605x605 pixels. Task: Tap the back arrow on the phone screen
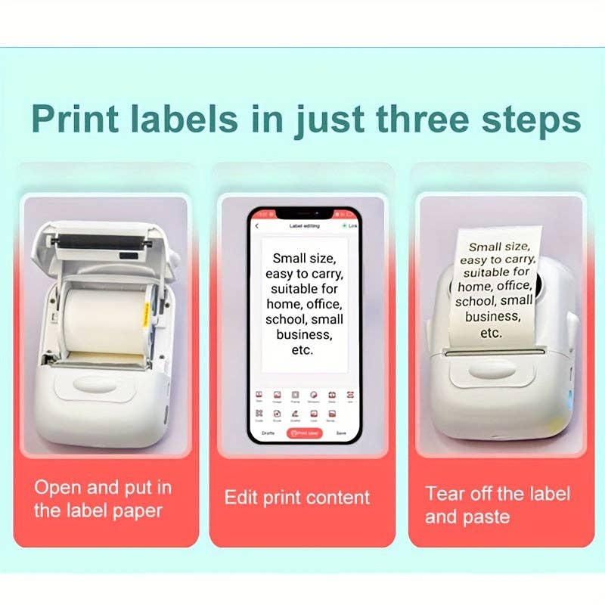(257, 226)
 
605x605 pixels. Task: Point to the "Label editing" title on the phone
(305, 226)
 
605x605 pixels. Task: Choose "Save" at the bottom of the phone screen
(341, 433)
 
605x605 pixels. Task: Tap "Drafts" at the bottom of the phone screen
(268, 433)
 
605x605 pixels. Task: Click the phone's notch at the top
(306, 213)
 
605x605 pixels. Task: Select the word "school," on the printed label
(474, 302)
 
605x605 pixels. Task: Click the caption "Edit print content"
(297, 498)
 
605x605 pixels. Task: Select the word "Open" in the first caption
(57, 487)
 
